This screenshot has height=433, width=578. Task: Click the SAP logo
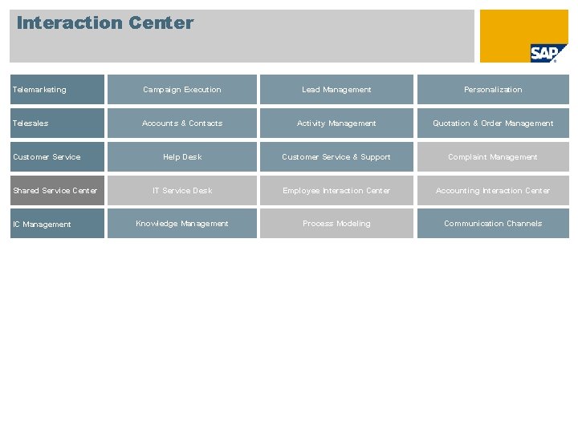(x=548, y=53)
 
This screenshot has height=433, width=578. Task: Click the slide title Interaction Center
(x=105, y=23)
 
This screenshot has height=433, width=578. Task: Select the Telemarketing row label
(x=57, y=90)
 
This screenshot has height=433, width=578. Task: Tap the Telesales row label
(x=57, y=123)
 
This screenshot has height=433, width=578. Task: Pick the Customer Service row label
(x=57, y=157)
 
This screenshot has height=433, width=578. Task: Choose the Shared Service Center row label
(x=57, y=191)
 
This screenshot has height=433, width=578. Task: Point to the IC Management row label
(x=57, y=225)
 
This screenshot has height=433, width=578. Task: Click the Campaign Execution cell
(x=182, y=90)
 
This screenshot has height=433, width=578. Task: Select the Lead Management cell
(x=336, y=90)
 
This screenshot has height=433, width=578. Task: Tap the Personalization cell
(x=493, y=90)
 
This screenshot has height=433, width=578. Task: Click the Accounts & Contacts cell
(x=182, y=123)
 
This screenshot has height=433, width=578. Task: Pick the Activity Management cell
(x=336, y=123)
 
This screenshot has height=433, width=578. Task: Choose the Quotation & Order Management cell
(x=493, y=123)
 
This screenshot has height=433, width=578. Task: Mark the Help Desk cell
(x=182, y=157)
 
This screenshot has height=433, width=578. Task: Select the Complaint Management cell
(x=493, y=157)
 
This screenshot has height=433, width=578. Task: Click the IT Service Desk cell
(x=182, y=191)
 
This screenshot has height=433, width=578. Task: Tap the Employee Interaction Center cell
(x=336, y=191)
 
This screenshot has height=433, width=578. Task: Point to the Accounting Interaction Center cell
(x=493, y=191)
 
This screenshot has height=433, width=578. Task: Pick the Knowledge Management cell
(x=182, y=224)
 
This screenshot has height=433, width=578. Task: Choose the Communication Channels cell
(x=493, y=224)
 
